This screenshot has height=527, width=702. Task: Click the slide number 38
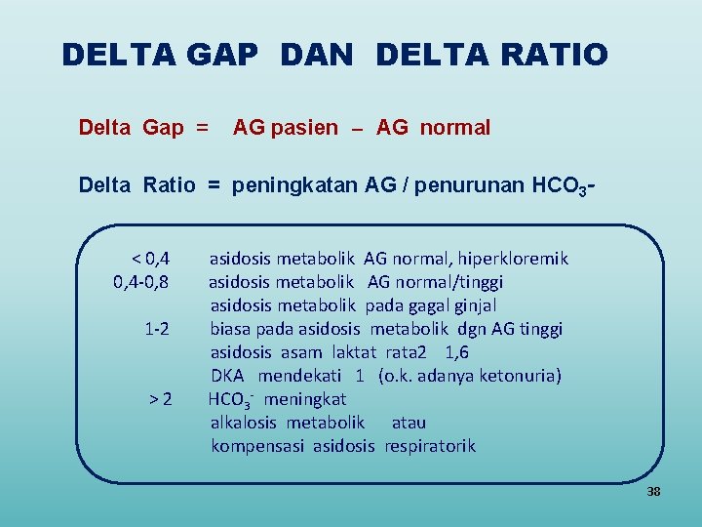click(653, 492)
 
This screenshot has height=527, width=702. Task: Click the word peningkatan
click(295, 184)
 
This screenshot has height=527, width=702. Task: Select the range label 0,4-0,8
click(142, 282)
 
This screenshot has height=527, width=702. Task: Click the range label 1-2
click(157, 329)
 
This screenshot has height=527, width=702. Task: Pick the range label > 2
click(161, 399)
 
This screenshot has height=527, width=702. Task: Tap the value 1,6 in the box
click(456, 352)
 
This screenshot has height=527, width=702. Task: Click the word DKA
click(227, 376)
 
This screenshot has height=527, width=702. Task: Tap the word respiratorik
click(430, 446)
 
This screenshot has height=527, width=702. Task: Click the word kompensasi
click(257, 446)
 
